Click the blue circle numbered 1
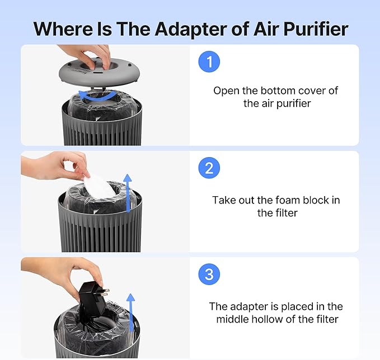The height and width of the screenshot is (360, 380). [x=209, y=63]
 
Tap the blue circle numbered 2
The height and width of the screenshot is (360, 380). [x=209, y=168]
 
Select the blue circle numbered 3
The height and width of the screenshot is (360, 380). [x=209, y=274]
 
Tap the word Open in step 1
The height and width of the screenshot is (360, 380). [x=225, y=91]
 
